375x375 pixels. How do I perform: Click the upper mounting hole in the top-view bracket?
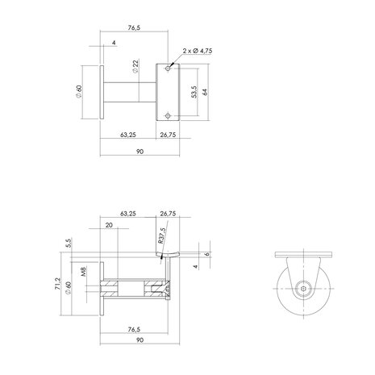click(168, 68)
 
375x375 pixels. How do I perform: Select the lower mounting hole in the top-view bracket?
click(168, 114)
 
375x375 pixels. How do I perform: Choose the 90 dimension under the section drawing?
click(135, 341)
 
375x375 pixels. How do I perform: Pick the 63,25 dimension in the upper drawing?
click(127, 135)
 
